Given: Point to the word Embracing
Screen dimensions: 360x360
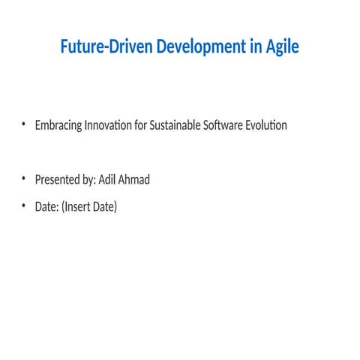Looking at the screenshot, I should tap(58, 125).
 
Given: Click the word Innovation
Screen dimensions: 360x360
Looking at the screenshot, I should tap(112, 125).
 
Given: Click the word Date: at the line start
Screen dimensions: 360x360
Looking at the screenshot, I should tap(46, 206).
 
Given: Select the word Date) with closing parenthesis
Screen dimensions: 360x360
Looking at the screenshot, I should tap(106, 206).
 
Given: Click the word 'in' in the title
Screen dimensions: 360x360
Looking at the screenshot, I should tap(253, 46).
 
